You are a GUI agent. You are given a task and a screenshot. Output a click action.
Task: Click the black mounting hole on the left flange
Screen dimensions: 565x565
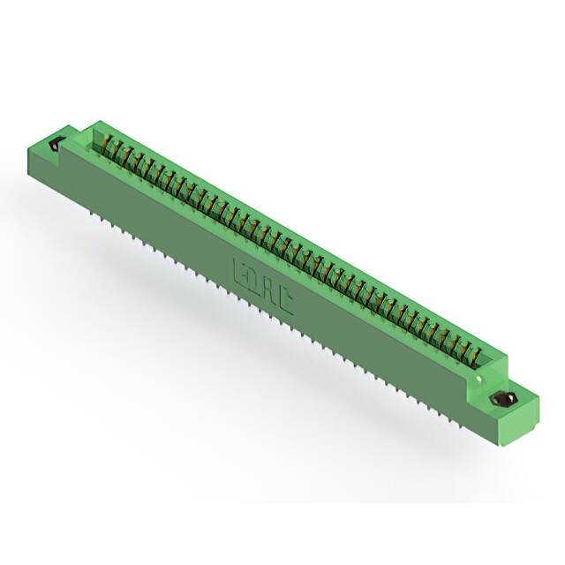click(x=57, y=145)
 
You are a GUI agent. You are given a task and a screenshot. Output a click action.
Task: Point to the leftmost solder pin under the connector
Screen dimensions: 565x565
click(x=91, y=212)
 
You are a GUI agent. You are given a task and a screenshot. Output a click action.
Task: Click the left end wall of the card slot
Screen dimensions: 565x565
click(x=95, y=138)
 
